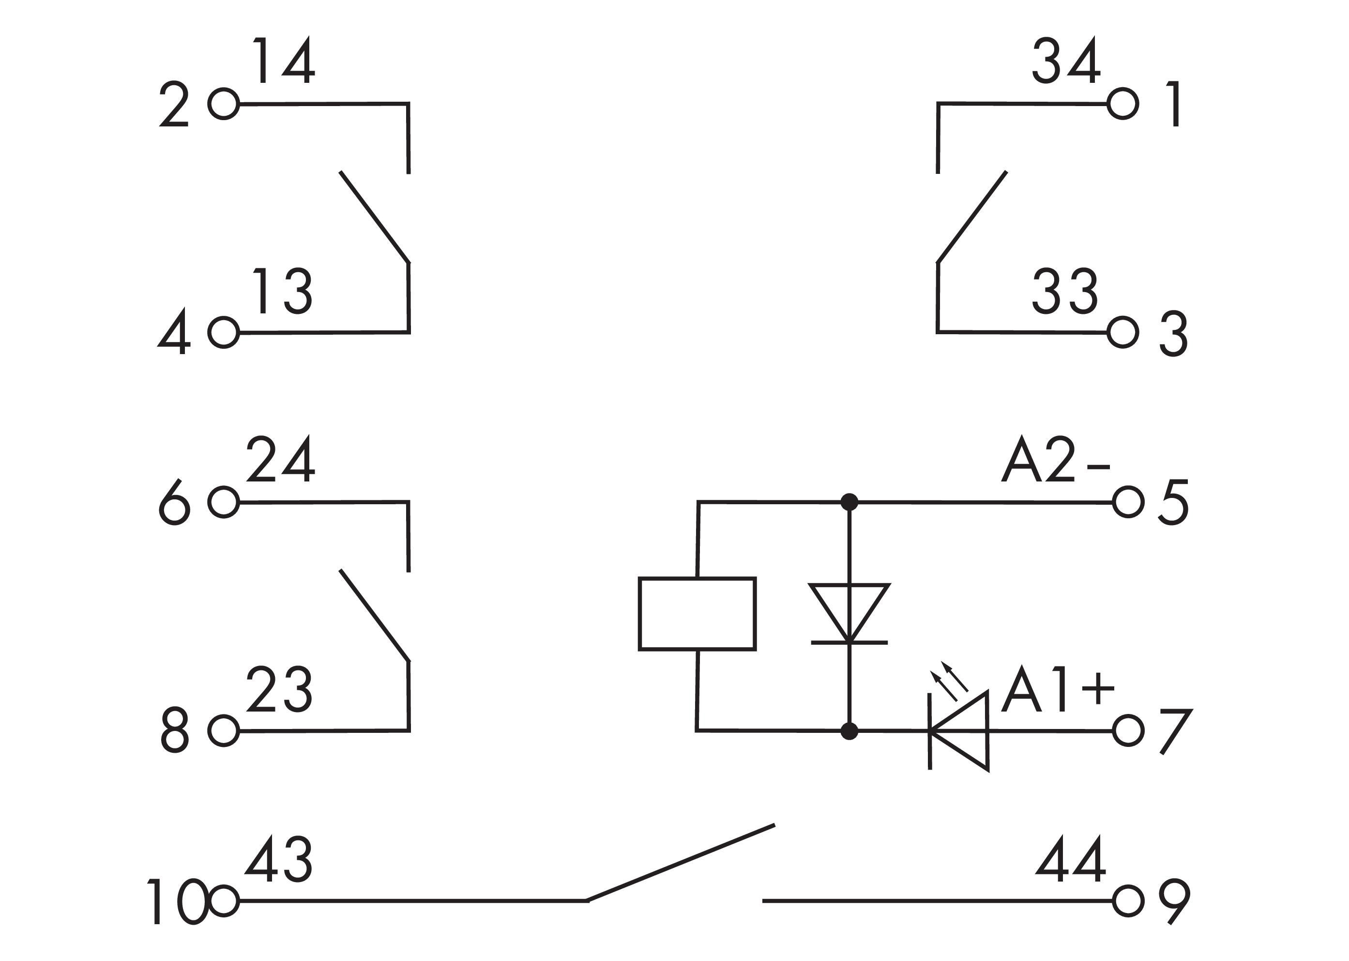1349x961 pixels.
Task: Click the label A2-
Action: tap(1056, 459)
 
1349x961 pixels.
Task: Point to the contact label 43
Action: tap(278, 859)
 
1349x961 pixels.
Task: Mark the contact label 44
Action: tap(1071, 859)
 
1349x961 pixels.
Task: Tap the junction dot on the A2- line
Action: tap(849, 502)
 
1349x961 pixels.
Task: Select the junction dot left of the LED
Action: tap(849, 731)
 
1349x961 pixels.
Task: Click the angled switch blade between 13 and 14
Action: tap(374, 217)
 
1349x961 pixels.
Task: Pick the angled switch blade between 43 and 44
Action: tap(680, 863)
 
